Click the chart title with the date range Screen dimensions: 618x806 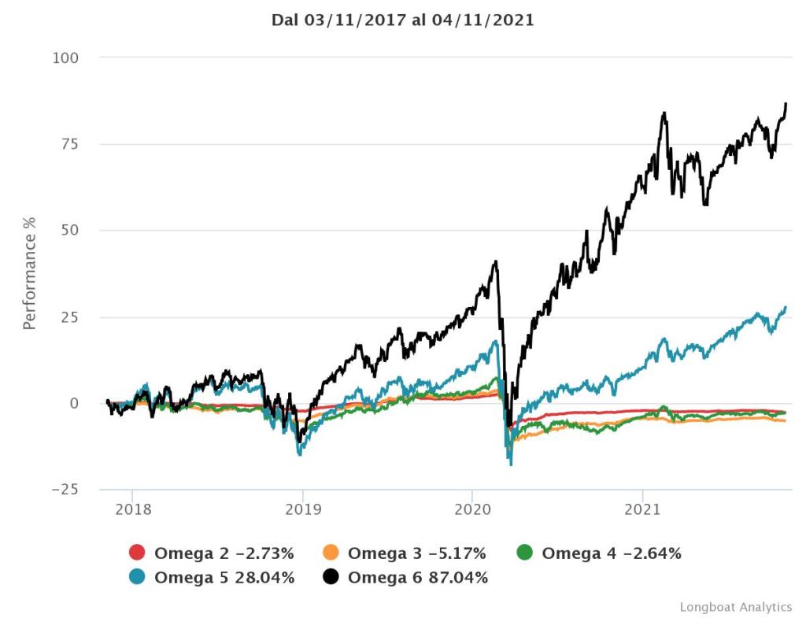point(403,20)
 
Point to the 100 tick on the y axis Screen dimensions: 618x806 point(66,58)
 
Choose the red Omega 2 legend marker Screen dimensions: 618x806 point(137,553)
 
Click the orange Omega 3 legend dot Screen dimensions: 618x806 point(331,553)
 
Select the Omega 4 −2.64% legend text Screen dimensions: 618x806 point(612,553)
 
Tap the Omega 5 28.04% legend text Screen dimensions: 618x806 point(224,578)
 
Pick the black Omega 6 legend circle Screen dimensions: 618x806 point(331,578)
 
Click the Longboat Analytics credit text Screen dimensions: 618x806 point(735,607)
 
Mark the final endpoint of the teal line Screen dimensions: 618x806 point(786,307)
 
